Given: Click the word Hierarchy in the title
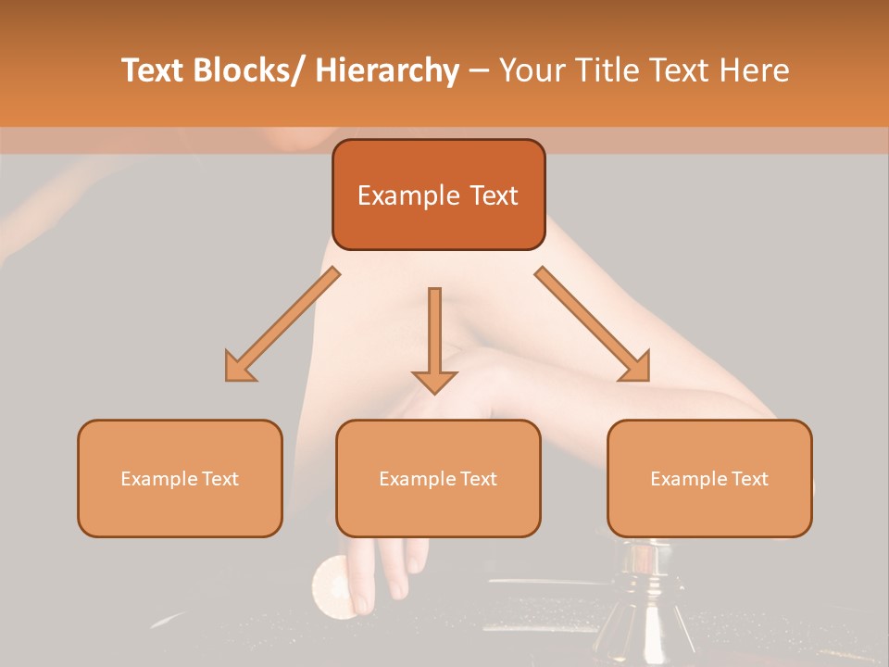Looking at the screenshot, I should coord(387,70).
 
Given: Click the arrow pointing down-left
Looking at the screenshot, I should coord(282,324).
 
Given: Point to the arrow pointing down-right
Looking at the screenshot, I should coord(593,324).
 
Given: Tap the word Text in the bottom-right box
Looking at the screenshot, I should coord(749,479).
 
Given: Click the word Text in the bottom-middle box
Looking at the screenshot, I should coord(478,479).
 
